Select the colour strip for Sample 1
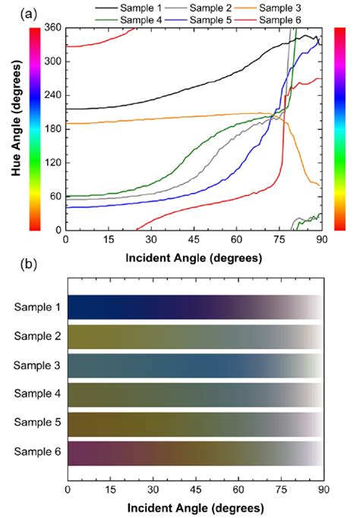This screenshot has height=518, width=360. (194, 307)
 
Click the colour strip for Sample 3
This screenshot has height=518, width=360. (194, 365)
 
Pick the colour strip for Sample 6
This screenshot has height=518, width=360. (194, 453)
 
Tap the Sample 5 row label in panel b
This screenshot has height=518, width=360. (37, 424)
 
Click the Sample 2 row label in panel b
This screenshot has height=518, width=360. (37, 336)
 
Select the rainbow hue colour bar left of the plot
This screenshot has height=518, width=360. (34, 128)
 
